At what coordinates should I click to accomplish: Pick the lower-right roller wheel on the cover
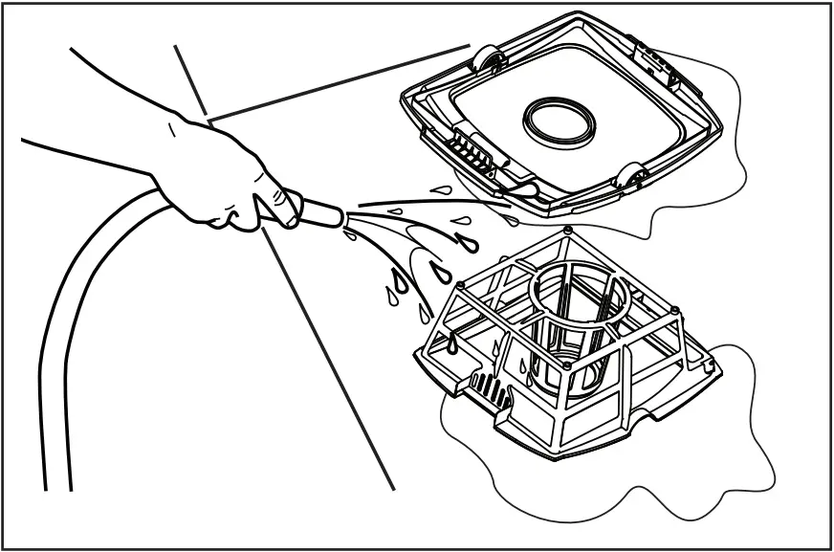point(630,177)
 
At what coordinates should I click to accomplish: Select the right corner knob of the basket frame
point(677,311)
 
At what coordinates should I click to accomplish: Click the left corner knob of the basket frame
point(461,284)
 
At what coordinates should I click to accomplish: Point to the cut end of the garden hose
point(57,488)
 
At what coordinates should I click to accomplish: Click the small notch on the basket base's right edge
point(707,364)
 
